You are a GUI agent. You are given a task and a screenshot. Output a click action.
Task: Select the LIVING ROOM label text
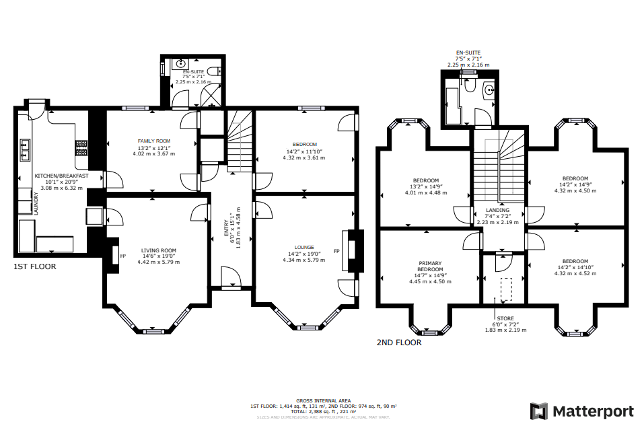158,250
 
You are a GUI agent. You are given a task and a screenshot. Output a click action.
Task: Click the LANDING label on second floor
497,210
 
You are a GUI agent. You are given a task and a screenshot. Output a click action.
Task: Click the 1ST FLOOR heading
35,267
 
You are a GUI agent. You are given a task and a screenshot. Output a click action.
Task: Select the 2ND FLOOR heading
399,343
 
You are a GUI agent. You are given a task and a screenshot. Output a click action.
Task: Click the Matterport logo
581,411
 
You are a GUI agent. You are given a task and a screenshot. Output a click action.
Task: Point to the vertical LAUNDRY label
35,203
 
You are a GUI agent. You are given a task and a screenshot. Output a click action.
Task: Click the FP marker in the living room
122,256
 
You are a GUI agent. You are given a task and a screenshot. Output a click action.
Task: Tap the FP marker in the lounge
336,251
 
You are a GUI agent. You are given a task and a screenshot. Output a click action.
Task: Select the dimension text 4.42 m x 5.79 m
158,262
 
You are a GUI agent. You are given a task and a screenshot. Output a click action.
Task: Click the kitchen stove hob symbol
82,147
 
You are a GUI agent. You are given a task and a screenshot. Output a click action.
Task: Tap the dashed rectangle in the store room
505,290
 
